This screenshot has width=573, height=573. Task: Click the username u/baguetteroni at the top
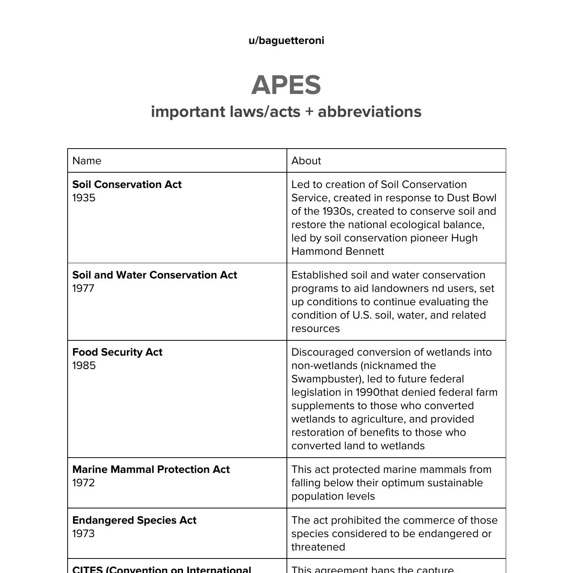tap(286, 40)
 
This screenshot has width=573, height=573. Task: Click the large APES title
tap(286, 85)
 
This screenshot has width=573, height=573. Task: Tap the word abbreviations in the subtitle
tap(369, 112)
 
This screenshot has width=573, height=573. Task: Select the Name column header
tap(87, 161)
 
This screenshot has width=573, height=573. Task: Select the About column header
tap(306, 161)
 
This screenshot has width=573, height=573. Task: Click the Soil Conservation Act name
tap(127, 185)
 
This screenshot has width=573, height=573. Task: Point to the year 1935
tap(84, 198)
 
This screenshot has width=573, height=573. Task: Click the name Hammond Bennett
tap(338, 251)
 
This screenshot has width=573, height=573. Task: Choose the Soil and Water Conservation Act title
tap(155, 275)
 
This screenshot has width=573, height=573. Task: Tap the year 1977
tap(83, 288)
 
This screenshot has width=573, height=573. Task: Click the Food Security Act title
tap(117, 352)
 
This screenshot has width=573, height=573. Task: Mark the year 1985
tap(84, 366)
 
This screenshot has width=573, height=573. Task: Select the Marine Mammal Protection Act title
tap(151, 469)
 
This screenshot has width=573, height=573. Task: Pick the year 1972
tap(83, 483)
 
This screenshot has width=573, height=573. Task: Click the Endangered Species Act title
tap(134, 520)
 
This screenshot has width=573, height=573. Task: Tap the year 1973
tap(83, 534)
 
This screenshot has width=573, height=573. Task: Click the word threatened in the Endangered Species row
tap(318, 547)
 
